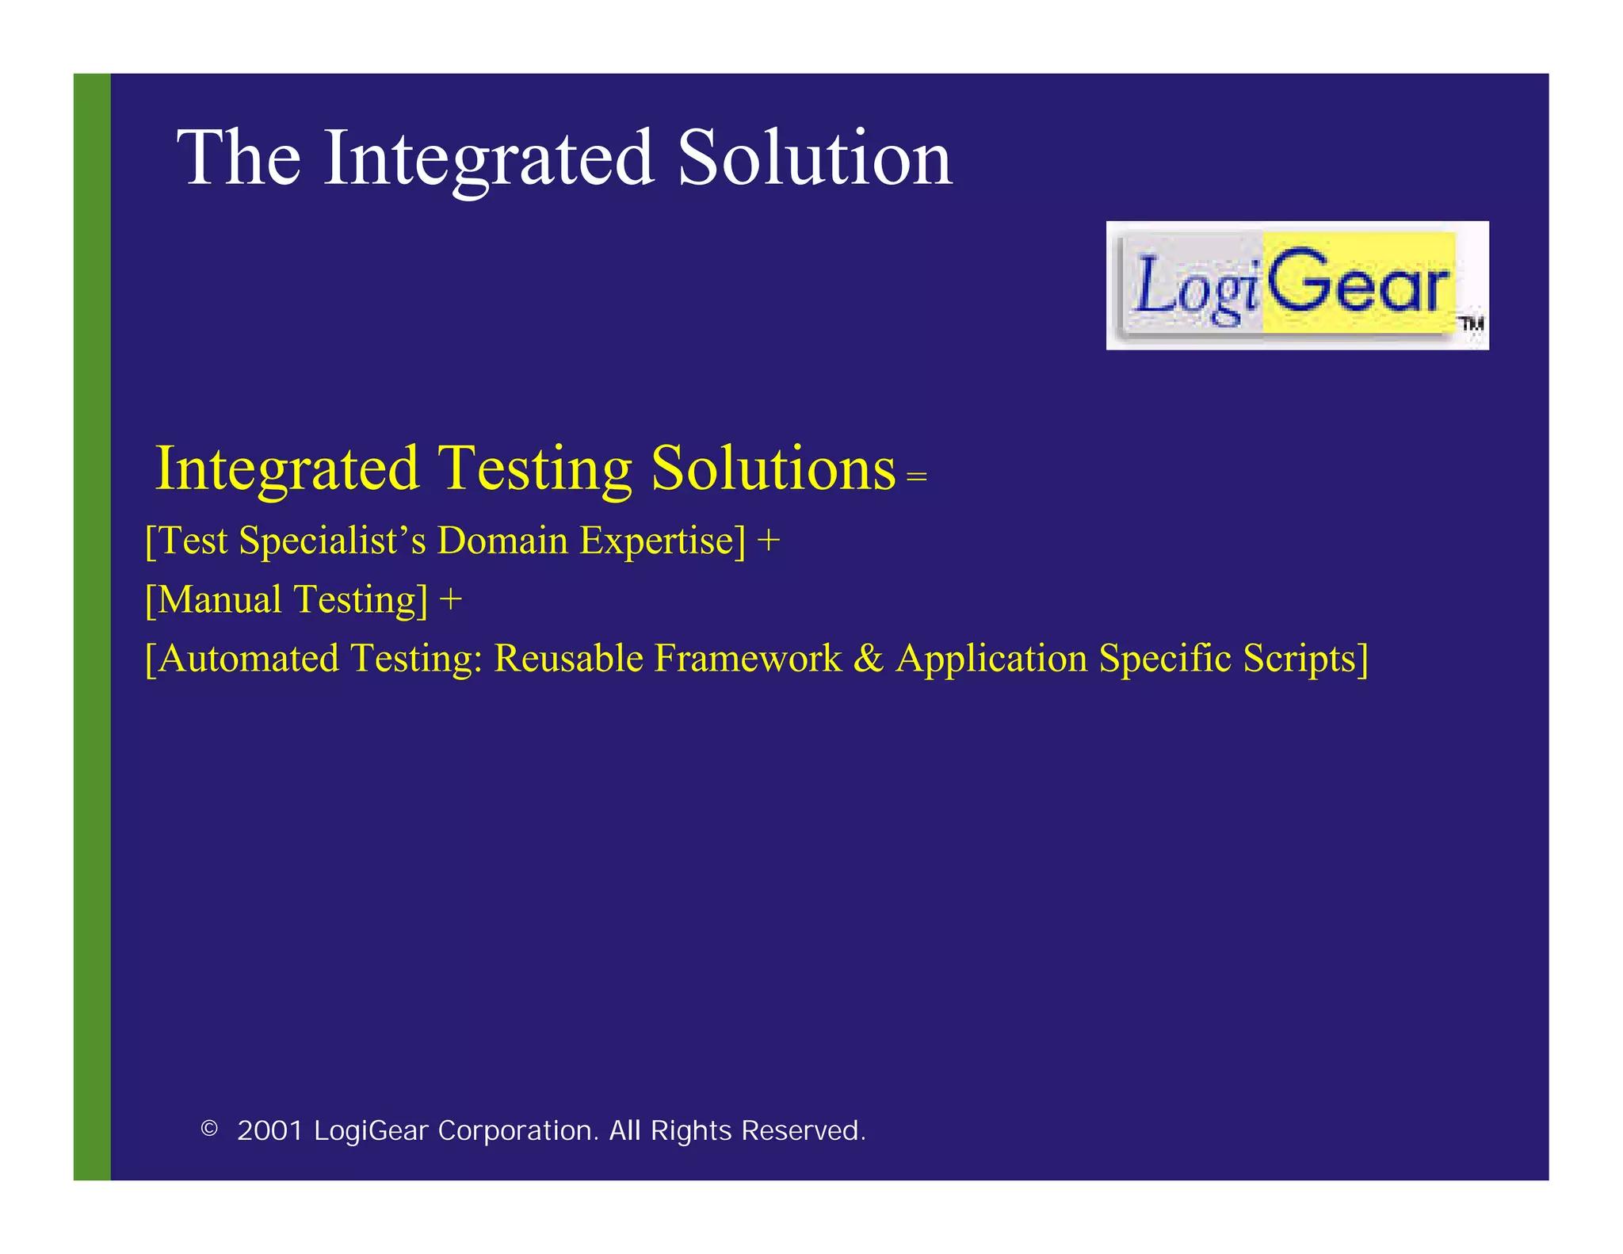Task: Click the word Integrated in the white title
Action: pos(488,159)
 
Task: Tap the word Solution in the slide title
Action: pos(814,159)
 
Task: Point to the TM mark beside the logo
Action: pos(1472,323)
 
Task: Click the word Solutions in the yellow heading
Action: pos(773,469)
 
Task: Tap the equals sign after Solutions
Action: pos(917,477)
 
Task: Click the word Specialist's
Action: pos(332,541)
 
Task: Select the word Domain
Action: pos(502,541)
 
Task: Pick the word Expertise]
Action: pos(663,541)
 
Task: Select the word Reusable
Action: pos(568,659)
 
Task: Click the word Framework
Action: pos(747,659)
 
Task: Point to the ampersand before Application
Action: pos(869,659)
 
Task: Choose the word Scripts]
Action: pos(1305,659)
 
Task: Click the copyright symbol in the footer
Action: pos(209,1128)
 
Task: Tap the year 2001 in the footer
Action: pos(270,1130)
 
